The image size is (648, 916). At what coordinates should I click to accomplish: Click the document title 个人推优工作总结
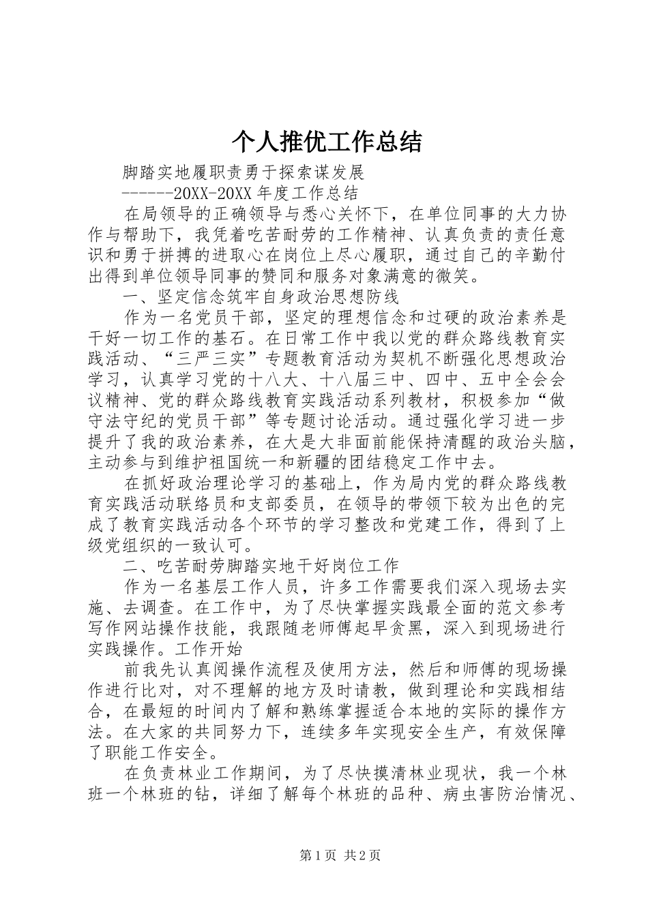[x=327, y=141]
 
